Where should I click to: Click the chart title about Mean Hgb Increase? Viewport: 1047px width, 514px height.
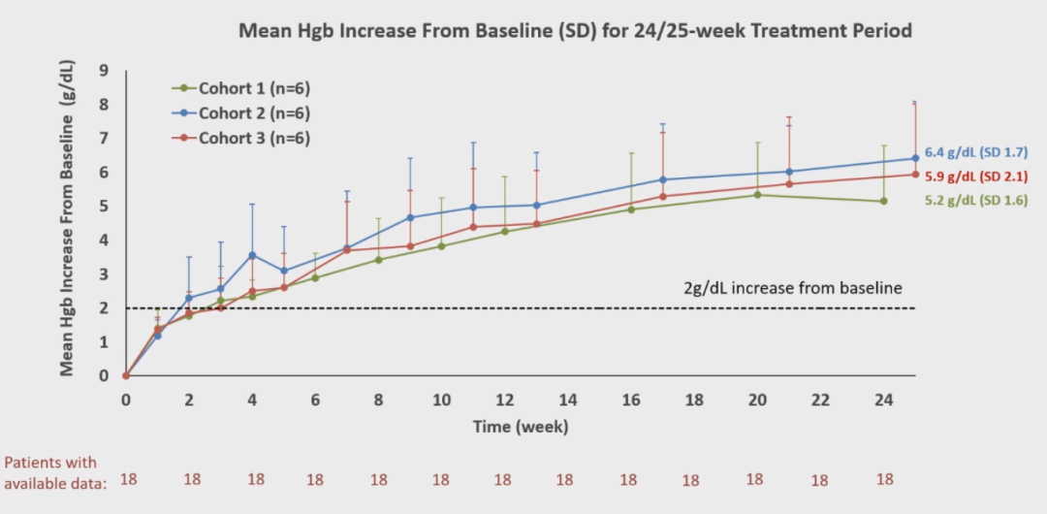(575, 31)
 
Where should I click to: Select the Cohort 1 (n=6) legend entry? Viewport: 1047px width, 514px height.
(254, 88)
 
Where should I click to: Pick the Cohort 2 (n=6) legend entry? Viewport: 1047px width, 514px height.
(254, 113)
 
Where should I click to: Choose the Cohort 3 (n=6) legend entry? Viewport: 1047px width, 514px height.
(254, 138)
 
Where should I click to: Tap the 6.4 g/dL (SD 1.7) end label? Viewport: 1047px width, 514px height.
(975, 152)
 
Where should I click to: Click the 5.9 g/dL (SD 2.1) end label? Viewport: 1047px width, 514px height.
(975, 177)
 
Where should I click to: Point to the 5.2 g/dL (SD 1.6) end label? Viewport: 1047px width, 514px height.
(975, 201)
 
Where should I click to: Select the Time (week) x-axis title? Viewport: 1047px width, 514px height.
(521, 427)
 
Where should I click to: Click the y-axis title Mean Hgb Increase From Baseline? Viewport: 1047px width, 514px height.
(69, 218)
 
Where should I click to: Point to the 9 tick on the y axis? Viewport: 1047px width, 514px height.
(103, 71)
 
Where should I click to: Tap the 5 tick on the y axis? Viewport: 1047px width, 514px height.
(103, 207)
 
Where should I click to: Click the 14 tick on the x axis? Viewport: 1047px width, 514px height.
(568, 400)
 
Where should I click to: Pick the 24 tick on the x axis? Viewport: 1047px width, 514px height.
(883, 400)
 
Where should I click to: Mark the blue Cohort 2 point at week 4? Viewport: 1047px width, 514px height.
(252, 255)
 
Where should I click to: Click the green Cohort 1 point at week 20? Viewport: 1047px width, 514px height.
(757, 195)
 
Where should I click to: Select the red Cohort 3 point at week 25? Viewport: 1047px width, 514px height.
(915, 175)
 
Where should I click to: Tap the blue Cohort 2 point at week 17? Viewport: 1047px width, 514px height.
(663, 179)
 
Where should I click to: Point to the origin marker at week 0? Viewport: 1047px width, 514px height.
(126, 375)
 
